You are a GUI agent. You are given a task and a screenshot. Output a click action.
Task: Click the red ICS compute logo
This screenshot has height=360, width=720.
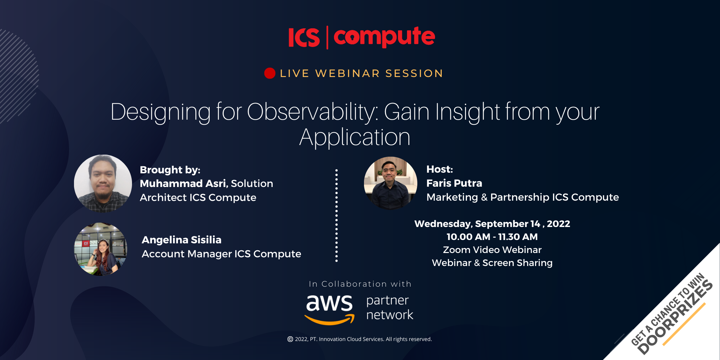[x=362, y=37]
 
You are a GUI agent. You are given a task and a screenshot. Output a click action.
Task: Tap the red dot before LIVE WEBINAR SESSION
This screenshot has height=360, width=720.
[x=270, y=73]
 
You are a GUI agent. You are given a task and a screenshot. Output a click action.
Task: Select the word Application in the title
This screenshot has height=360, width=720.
[x=355, y=137]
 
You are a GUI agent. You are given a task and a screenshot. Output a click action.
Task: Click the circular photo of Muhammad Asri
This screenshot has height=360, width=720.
[x=103, y=183]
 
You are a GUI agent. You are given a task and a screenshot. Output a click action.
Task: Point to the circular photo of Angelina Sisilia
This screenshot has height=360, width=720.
[x=101, y=249]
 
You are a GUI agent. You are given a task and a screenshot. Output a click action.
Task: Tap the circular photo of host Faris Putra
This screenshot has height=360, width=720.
[x=391, y=183]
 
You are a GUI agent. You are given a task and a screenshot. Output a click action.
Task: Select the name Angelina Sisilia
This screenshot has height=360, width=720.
[x=182, y=240]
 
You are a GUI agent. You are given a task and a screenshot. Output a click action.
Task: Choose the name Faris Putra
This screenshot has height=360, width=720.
[x=454, y=183]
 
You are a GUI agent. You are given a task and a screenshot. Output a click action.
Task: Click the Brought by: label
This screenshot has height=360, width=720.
[x=170, y=170]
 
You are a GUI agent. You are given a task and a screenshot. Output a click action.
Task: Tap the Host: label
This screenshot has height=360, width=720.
[x=440, y=169]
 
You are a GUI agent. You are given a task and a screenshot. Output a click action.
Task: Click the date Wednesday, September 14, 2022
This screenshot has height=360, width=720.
[x=492, y=224]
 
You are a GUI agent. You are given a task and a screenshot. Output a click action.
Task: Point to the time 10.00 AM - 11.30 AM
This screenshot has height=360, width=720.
[x=492, y=237]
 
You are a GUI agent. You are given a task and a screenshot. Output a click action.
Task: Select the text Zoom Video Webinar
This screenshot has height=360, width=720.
[x=492, y=250]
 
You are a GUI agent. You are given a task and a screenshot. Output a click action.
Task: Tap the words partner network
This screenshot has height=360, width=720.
[x=390, y=308]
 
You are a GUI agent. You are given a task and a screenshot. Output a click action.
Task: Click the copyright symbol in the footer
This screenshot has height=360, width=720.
[x=290, y=339]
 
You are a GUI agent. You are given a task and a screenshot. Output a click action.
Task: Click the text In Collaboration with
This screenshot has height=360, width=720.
[x=360, y=284]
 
